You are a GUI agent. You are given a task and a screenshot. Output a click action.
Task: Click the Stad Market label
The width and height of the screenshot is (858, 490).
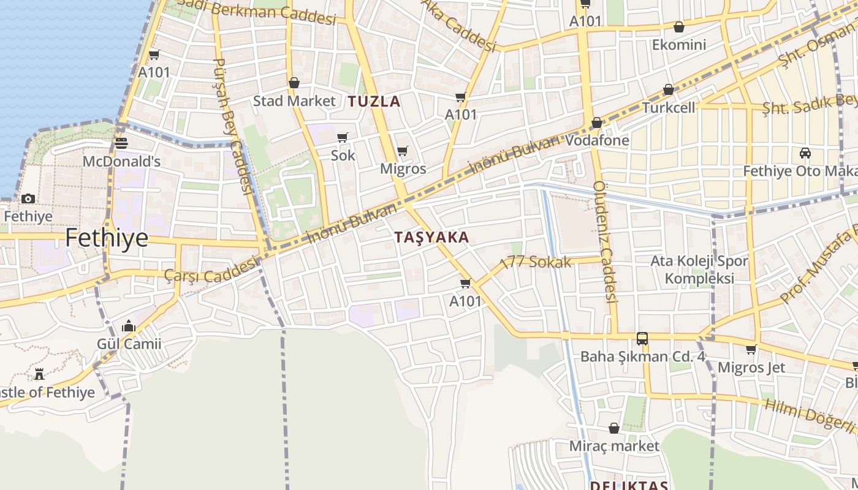point(294,101)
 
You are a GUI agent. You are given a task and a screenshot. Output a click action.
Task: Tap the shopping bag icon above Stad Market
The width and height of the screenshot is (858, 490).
point(294,83)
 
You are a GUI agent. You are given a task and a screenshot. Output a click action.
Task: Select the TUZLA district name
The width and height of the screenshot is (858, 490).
point(374,102)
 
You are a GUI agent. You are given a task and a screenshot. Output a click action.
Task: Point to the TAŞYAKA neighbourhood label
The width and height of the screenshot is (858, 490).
point(431,238)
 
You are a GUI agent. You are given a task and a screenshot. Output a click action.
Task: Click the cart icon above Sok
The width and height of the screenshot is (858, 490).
point(343,137)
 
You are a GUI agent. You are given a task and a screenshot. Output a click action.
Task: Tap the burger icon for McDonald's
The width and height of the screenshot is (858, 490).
point(121,143)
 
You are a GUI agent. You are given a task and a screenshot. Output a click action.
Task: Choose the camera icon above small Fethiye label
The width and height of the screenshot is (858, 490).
point(28,198)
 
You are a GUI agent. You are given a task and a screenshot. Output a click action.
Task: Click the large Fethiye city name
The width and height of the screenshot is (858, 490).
point(107,238)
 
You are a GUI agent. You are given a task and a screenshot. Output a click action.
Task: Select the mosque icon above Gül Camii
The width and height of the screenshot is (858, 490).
point(129,326)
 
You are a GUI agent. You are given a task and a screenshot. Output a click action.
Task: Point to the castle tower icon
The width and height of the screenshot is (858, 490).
point(40,374)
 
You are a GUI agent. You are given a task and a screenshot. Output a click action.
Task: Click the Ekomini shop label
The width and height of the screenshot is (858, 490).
point(679,45)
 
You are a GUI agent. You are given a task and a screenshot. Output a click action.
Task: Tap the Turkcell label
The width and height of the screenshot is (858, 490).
point(669,108)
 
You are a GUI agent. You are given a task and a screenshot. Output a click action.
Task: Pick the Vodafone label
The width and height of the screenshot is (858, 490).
point(597,140)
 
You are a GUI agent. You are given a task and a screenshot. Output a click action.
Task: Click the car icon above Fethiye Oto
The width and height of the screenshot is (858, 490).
point(805,153)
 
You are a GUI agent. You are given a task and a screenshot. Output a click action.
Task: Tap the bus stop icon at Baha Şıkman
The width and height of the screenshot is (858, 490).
point(642,338)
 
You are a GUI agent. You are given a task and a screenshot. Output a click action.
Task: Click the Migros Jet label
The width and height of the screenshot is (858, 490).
point(751,367)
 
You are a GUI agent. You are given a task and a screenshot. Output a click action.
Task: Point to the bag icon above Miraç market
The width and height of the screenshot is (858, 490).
point(614,428)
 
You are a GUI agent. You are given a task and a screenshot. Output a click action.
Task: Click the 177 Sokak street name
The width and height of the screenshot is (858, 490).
point(537,262)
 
